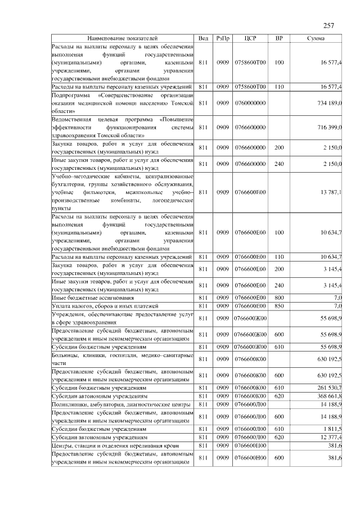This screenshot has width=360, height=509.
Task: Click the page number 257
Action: point(330,25)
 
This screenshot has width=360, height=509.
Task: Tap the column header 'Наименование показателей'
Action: point(123,38)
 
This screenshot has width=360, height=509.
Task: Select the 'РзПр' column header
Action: point(223,38)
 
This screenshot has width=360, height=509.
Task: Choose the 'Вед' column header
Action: point(203,38)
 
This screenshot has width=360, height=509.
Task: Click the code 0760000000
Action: point(250,103)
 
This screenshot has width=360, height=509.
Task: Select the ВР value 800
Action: point(279,297)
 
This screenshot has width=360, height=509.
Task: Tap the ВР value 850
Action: point(279,305)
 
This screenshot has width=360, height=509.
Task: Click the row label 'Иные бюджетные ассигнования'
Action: point(92,297)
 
